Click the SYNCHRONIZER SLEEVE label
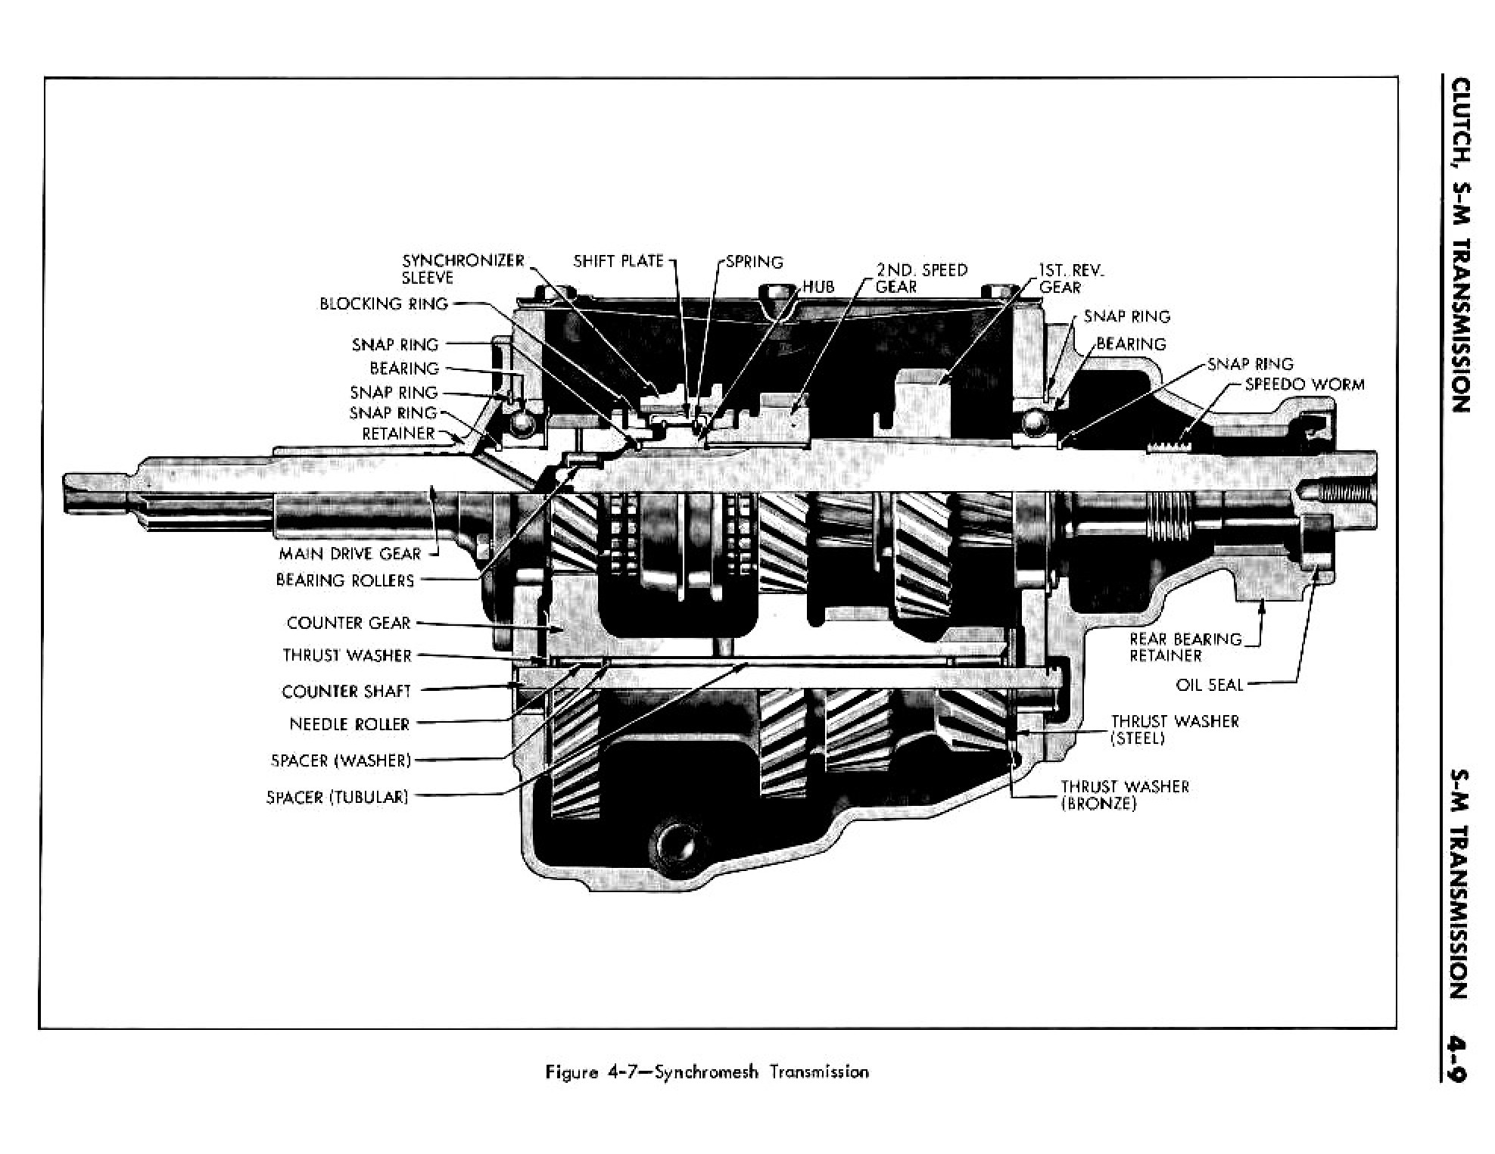click(463, 269)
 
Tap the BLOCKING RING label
click(383, 303)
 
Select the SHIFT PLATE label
click(618, 261)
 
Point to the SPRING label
click(754, 262)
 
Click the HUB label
click(818, 287)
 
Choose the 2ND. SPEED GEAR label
click(920, 278)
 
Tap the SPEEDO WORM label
click(1304, 384)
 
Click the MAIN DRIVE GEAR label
click(349, 553)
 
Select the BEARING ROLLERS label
click(344, 580)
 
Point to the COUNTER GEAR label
click(348, 623)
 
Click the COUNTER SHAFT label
click(346, 691)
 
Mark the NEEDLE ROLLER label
click(349, 724)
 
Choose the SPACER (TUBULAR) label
click(337, 797)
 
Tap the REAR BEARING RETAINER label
click(1185, 647)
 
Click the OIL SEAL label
click(1209, 685)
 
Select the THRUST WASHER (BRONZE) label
click(1124, 795)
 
